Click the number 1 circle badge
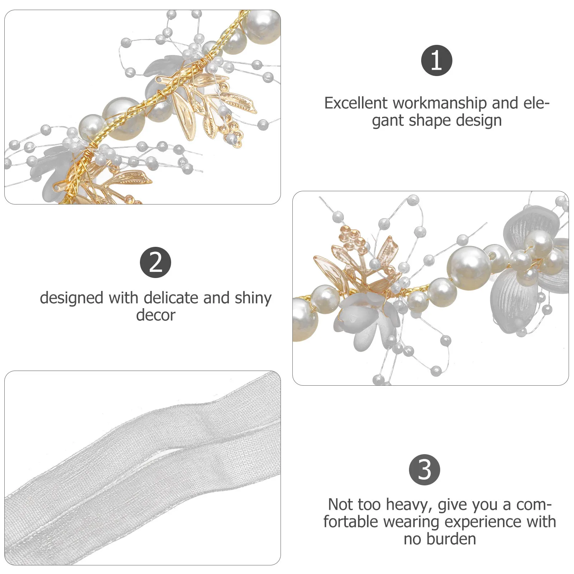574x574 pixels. (x=436, y=60)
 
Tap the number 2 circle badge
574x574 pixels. (x=155, y=262)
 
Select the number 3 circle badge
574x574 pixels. (x=424, y=470)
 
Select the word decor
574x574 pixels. (x=155, y=315)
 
